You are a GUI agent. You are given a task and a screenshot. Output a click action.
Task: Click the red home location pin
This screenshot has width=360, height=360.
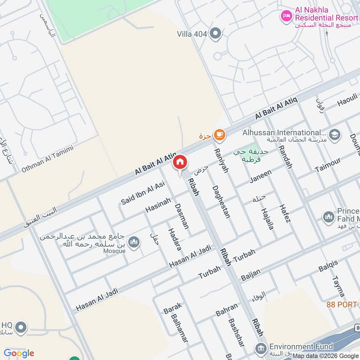180,162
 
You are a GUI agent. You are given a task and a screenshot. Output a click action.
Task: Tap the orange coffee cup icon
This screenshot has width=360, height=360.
219,134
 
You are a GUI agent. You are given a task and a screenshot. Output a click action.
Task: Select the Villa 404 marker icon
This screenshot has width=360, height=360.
216,33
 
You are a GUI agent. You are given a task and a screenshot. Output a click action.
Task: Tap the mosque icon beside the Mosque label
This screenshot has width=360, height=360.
134,243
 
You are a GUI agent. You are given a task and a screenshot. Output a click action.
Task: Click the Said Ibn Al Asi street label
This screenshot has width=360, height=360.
143,193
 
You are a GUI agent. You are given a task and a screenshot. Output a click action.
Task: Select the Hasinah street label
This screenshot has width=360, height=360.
158,206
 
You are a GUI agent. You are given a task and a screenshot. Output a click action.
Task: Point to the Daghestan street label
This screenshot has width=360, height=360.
220,202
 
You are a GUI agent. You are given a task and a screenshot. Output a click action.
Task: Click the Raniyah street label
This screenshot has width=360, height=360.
222,161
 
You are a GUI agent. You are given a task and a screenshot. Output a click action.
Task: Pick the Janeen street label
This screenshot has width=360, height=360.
261,176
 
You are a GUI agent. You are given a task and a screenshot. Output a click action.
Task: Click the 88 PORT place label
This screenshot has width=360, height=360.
341,305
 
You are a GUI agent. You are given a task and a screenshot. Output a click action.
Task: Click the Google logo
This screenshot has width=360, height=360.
19,353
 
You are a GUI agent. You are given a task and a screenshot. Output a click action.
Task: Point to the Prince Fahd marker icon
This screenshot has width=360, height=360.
328,217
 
